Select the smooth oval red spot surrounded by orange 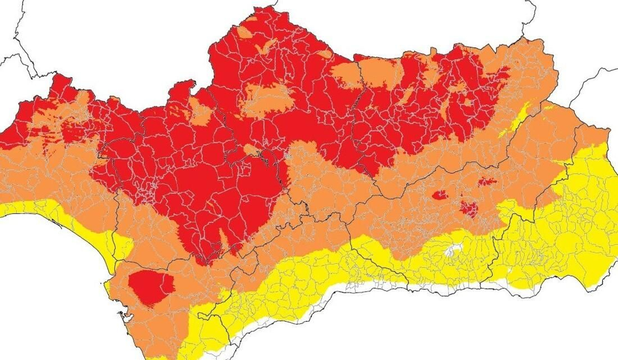(439, 195)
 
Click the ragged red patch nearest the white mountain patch (469, 209)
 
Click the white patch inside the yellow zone (452, 251)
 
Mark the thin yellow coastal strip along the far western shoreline (23, 209)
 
